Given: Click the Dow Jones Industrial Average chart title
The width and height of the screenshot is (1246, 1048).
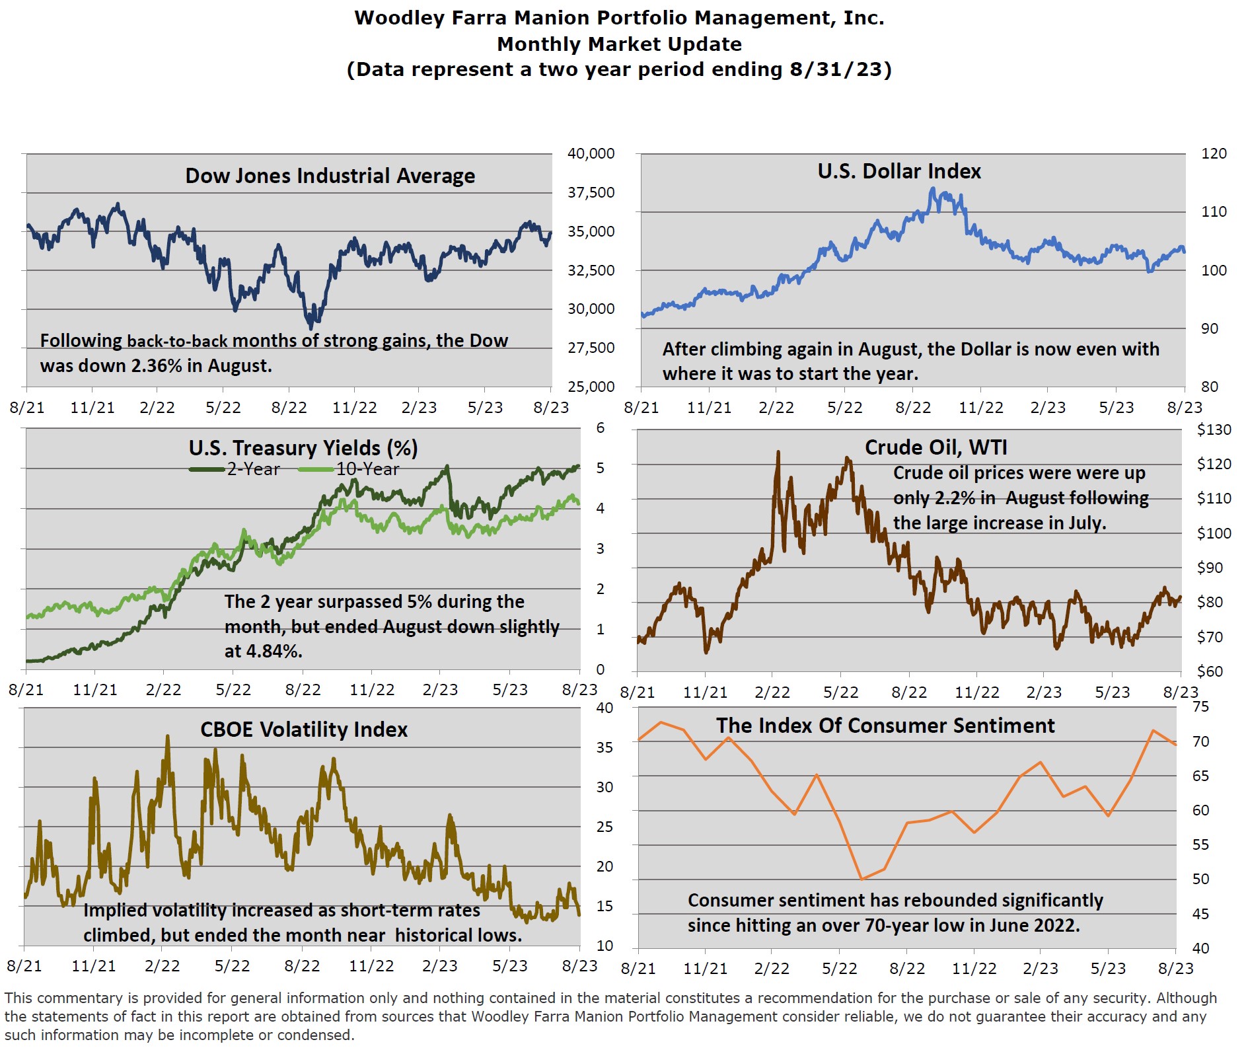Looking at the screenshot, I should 330,176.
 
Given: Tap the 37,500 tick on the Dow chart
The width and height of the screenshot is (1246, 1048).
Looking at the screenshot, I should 591,192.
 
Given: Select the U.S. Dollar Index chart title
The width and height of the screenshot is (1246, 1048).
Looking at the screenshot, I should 898,171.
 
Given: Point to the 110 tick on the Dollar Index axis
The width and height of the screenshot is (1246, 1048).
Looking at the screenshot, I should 1214,212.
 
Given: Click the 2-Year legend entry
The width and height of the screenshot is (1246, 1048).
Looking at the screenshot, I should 236,469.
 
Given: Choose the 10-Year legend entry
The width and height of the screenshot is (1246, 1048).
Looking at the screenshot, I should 350,469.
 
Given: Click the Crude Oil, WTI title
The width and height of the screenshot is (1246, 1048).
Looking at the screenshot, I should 935,447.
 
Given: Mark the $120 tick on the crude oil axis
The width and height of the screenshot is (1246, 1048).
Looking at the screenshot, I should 1214,464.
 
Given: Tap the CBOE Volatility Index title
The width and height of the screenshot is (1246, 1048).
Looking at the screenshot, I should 304,730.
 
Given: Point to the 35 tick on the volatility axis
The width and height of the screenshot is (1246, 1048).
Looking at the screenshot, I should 605,747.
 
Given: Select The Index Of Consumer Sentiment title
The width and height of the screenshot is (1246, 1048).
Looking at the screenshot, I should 885,726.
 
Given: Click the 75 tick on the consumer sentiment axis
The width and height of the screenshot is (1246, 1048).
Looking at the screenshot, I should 1200,707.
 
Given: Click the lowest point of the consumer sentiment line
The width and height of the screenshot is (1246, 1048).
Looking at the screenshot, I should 861,879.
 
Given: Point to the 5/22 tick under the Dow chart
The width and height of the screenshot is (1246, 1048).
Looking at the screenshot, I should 223,408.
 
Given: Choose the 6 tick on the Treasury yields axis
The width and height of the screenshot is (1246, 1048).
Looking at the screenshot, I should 600,428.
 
